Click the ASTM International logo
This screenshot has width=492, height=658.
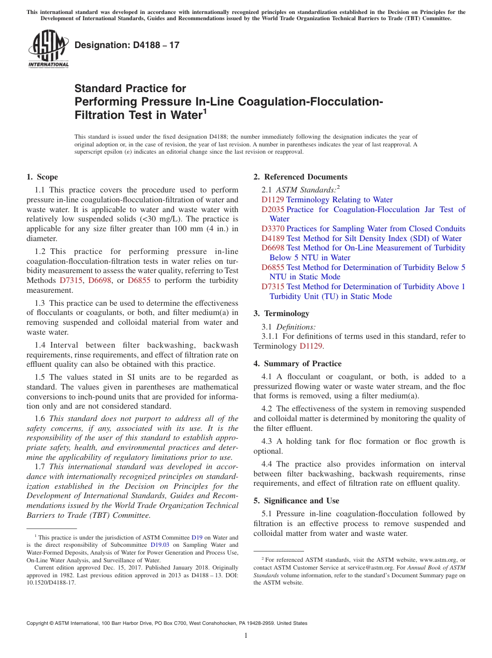point(48,49)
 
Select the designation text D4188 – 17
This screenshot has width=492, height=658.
point(127,45)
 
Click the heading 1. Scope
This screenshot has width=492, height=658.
point(42,177)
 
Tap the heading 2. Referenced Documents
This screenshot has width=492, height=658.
point(300,177)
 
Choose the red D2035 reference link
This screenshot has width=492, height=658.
point(272,210)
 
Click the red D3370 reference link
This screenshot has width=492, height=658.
point(272,229)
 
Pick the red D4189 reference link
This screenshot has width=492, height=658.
point(272,238)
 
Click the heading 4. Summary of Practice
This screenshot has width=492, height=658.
point(297,364)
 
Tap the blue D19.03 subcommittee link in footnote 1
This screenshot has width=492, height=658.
point(160,545)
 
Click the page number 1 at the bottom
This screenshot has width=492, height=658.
point(246,635)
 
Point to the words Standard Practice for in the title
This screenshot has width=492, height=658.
point(130,88)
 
